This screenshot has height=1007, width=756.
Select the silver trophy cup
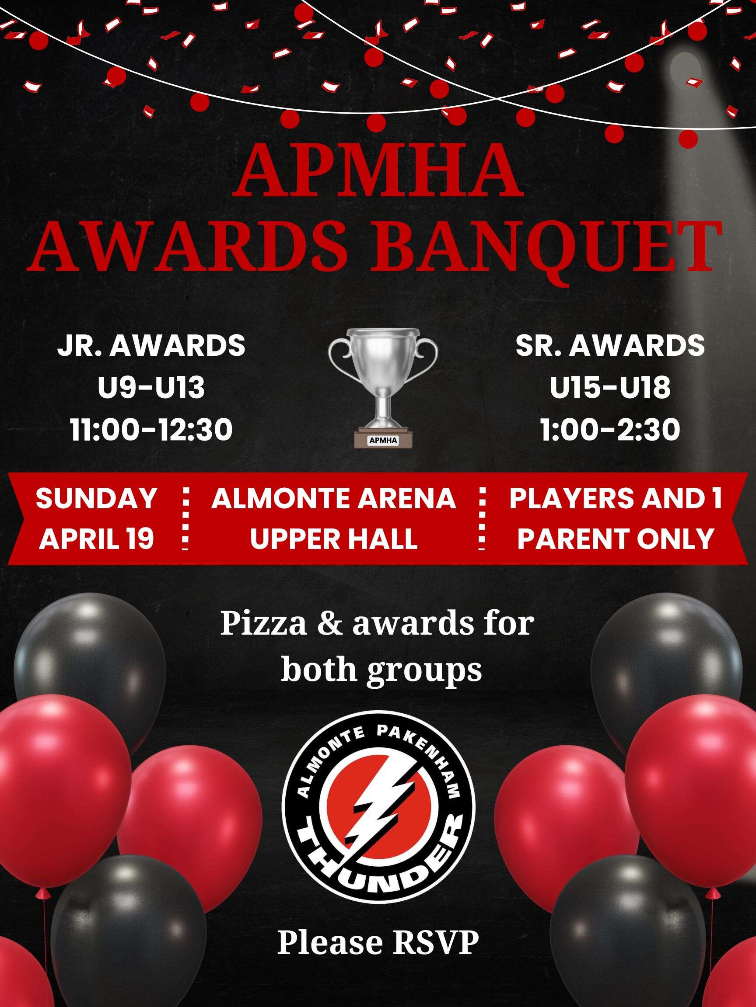(383, 387)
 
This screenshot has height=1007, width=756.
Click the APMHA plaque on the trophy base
(383, 440)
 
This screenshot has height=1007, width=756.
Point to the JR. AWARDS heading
(151, 346)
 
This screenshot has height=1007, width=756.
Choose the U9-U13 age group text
(151, 388)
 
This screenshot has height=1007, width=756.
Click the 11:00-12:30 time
(151, 430)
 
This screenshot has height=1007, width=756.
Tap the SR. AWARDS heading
(610, 346)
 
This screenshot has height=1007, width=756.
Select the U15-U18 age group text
(610, 388)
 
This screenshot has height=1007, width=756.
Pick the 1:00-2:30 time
(610, 430)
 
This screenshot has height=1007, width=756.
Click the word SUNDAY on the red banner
(97, 498)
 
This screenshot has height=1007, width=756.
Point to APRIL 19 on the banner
(97, 539)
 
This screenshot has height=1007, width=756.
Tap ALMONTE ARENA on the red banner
(333, 498)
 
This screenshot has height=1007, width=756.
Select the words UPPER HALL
(333, 539)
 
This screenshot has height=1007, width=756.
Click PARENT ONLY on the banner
(616, 539)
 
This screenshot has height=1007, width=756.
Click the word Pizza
(264, 625)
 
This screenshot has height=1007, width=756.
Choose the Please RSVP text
(378, 942)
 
